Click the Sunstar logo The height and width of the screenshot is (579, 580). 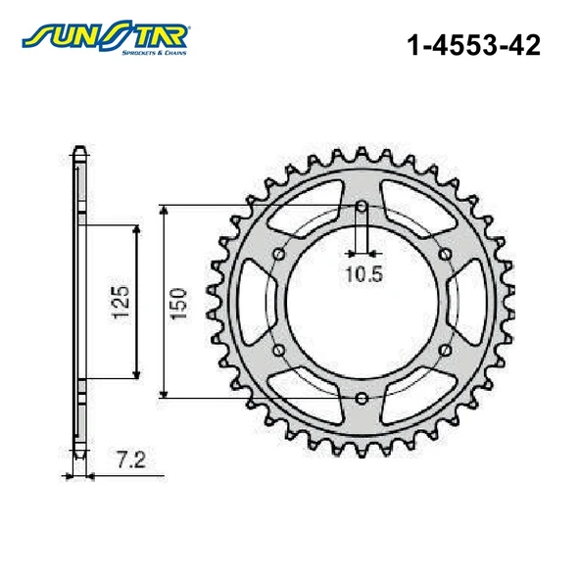point(106,36)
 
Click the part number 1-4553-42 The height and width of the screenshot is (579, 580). point(473,45)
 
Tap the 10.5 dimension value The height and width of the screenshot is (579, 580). point(363,274)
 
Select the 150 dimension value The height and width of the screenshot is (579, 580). point(178,304)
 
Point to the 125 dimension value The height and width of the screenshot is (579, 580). point(121,302)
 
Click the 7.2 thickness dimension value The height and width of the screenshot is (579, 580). point(131,460)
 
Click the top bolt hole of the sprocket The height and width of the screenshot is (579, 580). point(362,207)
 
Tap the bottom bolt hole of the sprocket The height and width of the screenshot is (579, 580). point(362,399)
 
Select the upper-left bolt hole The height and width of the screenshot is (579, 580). point(278,254)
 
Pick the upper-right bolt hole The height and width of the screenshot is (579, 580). point(445,254)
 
